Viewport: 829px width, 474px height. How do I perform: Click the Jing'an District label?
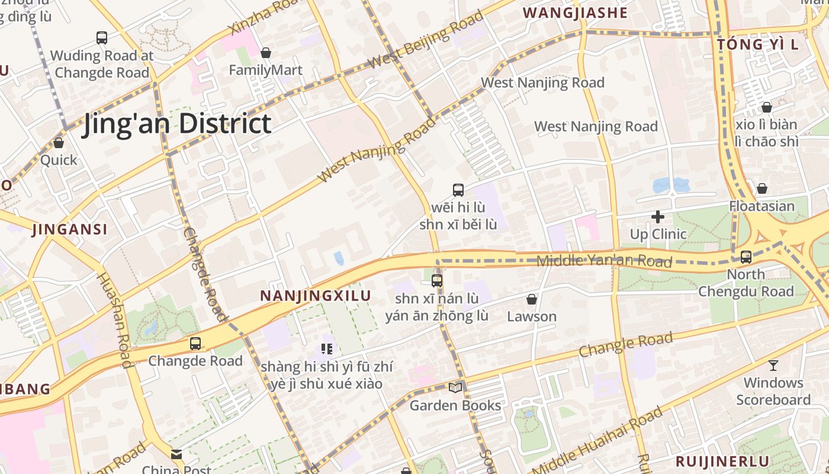[x=177, y=124]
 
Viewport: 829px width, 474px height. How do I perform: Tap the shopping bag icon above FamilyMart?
[x=266, y=53]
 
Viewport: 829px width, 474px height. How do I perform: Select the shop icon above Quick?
[x=59, y=143]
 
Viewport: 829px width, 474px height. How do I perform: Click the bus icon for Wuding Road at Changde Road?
[x=102, y=38]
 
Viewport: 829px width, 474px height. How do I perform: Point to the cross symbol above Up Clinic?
[x=658, y=217]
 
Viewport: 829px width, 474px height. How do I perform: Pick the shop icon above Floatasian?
[x=762, y=188]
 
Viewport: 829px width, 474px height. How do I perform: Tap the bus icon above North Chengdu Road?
[x=746, y=257]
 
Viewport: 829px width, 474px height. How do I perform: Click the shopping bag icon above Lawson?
[x=532, y=299]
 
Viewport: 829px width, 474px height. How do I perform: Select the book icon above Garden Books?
[x=455, y=388]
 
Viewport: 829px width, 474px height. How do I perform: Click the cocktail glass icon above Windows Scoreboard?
[x=773, y=365]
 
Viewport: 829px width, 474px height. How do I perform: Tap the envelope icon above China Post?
[x=176, y=454]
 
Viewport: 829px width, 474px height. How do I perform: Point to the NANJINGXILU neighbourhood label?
[x=316, y=296]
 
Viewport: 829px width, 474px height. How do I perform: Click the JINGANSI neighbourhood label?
[x=70, y=229]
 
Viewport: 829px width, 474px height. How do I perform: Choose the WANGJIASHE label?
[x=575, y=13]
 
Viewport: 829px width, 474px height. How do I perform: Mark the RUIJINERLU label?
[x=722, y=461]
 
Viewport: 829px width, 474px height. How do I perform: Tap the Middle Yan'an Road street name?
[x=604, y=260]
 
